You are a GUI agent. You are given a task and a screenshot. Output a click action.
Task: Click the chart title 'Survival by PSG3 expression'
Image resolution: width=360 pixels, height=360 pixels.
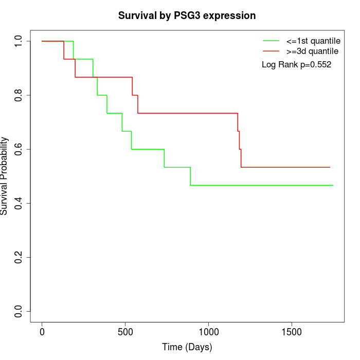[x=187, y=15]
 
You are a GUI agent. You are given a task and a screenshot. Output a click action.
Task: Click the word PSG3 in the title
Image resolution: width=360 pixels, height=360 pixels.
[x=184, y=15]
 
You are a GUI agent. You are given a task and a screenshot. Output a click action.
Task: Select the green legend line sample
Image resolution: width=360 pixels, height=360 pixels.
[x=271, y=40]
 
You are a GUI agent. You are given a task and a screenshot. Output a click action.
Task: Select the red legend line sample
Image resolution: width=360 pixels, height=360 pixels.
[x=271, y=51]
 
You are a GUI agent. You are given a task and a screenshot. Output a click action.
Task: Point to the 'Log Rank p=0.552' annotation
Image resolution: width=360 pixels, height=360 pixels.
[x=296, y=65]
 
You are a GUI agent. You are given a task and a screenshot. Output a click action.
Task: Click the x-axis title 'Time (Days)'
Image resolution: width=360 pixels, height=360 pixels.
[x=187, y=347]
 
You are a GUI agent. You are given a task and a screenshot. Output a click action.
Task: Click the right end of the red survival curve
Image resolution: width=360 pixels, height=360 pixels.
[x=330, y=167]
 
